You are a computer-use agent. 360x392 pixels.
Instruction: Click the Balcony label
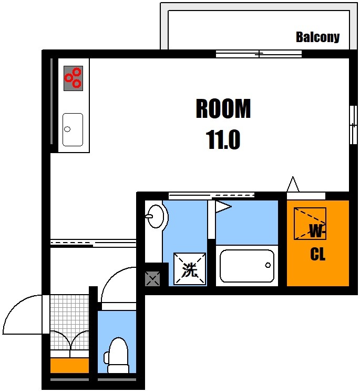point(317,37)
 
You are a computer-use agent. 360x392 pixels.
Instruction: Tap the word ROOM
point(223,109)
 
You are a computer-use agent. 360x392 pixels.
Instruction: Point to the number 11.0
point(223,140)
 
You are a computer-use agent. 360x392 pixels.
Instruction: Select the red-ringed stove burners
point(73,78)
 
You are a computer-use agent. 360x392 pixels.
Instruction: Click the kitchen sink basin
point(73,129)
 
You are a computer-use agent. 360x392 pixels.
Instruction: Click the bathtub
point(246,266)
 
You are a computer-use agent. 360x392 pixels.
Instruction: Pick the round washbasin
point(156,216)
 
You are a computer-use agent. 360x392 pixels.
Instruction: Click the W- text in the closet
point(317,230)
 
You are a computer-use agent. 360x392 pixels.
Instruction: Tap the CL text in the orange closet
point(317,255)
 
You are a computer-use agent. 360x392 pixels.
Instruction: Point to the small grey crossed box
point(152,278)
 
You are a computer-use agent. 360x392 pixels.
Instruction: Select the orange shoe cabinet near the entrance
point(69,365)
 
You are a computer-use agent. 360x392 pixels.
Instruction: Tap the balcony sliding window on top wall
point(259,54)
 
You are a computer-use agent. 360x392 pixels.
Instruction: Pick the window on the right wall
point(353,125)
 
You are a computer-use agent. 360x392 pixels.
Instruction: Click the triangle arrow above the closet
point(293,185)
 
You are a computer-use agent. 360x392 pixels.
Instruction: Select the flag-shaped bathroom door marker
point(221,206)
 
